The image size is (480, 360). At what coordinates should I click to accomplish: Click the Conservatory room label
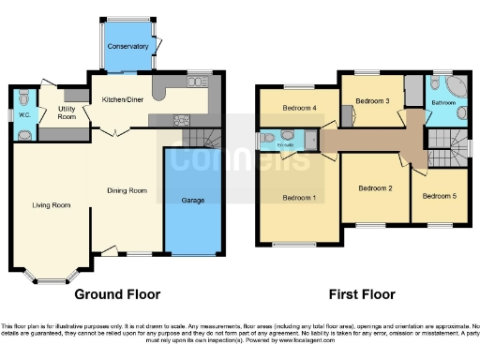point(127,46)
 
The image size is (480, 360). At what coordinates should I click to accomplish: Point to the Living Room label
point(52,205)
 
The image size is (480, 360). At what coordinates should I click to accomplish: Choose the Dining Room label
point(127,190)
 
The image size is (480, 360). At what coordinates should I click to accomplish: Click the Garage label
point(193,201)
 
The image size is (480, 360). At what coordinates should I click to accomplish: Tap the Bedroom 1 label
point(299,198)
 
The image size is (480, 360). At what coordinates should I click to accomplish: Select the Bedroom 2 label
point(374,188)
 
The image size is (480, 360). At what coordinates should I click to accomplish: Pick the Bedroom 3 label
point(372,99)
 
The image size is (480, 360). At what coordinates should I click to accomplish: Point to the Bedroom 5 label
point(439,196)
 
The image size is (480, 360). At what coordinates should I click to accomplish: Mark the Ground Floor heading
point(117,293)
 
